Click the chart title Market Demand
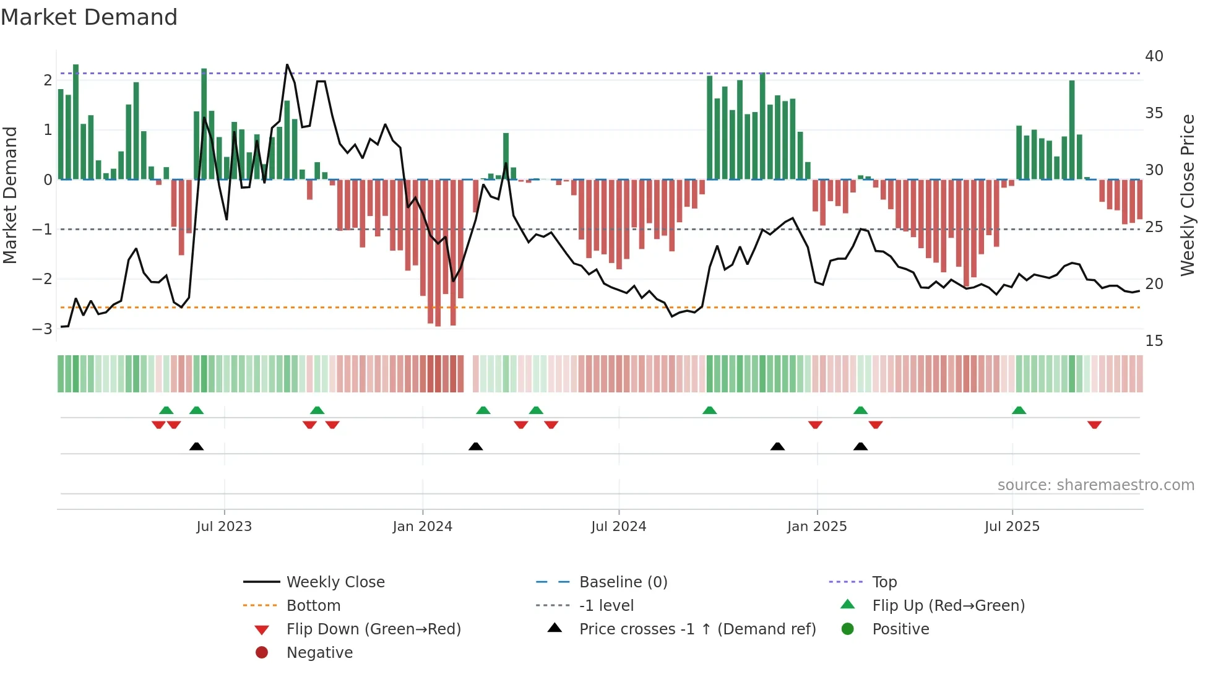[x=89, y=17]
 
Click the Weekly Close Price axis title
[x=1187, y=195]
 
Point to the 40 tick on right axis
[x=1154, y=56]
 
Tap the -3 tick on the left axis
[x=42, y=329]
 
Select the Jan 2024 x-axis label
[x=422, y=527]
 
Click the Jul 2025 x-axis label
[x=1012, y=527]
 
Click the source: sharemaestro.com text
[x=1095, y=485]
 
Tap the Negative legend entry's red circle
[x=262, y=653]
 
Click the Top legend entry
[x=884, y=582]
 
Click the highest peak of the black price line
[x=287, y=65]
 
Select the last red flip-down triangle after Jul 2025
[x=1094, y=425]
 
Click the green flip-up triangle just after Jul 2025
[x=1019, y=410]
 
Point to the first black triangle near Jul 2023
[x=196, y=446]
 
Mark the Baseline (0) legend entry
[x=623, y=582]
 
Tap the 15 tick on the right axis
[x=1154, y=341]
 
